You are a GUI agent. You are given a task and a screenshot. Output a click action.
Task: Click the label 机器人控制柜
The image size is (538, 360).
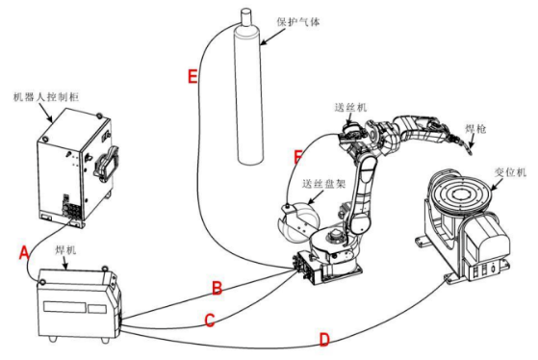[46, 97]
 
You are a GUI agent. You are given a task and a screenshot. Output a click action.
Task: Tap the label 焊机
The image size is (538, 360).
[65, 250]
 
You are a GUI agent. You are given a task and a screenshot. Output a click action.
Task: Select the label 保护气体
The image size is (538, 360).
[298, 22]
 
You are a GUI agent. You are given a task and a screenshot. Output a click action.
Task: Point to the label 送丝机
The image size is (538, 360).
[350, 108]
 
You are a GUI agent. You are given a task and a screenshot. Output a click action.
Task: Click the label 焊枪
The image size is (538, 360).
[475, 129]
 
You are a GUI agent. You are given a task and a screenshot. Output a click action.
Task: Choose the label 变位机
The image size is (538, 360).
[510, 172]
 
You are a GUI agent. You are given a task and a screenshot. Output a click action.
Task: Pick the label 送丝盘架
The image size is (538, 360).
[323, 184]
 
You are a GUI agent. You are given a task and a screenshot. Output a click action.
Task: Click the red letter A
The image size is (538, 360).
[24, 253]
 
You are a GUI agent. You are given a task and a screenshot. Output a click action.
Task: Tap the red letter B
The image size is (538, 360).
[217, 288]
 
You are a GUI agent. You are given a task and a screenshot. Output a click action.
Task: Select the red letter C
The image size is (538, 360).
[210, 321]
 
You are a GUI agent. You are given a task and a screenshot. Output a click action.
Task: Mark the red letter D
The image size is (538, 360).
[324, 340]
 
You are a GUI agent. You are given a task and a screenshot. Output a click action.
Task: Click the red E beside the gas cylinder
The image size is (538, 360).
[192, 76]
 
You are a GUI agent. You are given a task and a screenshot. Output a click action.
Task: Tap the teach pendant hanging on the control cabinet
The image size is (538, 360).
[107, 165]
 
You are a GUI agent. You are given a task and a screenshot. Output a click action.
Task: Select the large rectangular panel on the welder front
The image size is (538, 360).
[64, 306]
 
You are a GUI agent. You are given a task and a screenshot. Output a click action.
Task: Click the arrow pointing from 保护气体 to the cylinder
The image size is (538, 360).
[272, 36]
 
